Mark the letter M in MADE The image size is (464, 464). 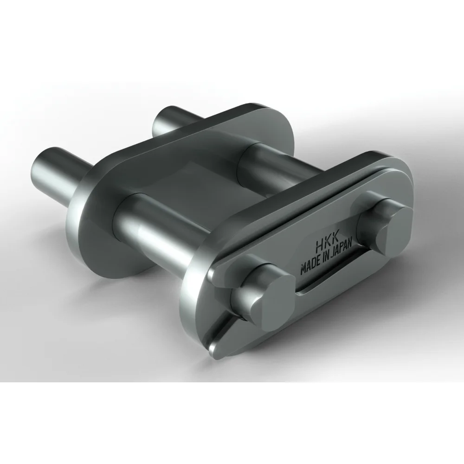[304, 270]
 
